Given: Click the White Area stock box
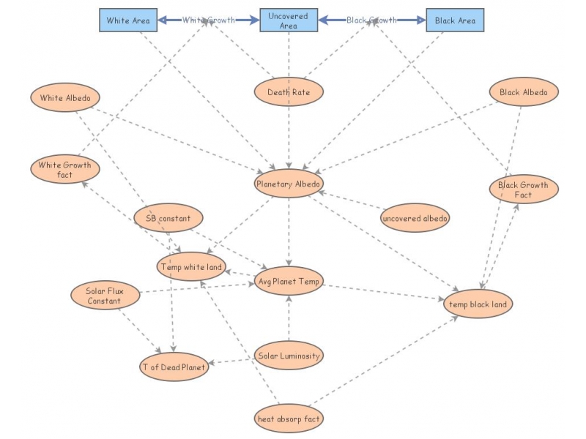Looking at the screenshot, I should (x=128, y=20).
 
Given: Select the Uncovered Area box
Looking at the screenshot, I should (x=289, y=20).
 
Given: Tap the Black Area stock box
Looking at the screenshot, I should (x=455, y=20).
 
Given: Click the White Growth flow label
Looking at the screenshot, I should (x=209, y=20).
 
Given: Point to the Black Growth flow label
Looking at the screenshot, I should (x=372, y=20).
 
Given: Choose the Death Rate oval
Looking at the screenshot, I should (x=289, y=92).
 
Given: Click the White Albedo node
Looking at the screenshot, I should (x=65, y=97).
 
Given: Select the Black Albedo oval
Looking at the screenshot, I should (x=524, y=92).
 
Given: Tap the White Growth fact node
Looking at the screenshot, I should (x=65, y=170).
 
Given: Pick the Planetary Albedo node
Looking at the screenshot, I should (x=289, y=184).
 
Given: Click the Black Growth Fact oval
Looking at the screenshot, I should (x=524, y=190).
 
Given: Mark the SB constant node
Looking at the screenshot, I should (x=168, y=218).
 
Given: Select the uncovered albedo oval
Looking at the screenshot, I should (x=415, y=218).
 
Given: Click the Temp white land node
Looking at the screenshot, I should (x=191, y=267).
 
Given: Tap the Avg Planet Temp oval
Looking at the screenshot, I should (x=289, y=282).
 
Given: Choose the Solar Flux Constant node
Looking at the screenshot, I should (x=104, y=296).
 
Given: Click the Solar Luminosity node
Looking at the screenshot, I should (x=289, y=356).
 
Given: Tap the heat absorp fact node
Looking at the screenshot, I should (x=289, y=419).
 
